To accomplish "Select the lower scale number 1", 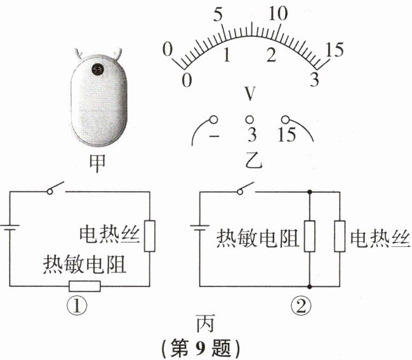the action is tap(227, 55).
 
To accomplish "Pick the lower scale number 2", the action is tap(271, 55).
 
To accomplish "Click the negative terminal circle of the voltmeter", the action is tap(213, 119).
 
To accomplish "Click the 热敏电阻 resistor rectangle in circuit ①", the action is tap(84, 286).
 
